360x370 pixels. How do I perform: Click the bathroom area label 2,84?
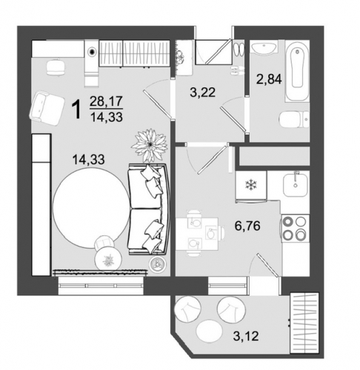[269, 79]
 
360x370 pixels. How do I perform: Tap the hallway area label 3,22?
[203, 92]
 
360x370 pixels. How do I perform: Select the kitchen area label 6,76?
[247, 226]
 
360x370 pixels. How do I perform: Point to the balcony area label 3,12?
[246, 336]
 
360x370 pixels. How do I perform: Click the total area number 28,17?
[106, 101]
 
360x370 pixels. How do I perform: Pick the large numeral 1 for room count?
[76, 110]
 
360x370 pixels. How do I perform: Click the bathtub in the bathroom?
[297, 71]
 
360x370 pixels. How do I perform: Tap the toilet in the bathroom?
[294, 119]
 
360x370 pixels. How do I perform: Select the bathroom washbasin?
[264, 47]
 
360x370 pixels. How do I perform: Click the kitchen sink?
[296, 185]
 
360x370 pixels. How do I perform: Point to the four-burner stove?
[295, 229]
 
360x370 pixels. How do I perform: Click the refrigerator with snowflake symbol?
[251, 186]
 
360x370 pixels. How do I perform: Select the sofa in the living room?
[149, 209]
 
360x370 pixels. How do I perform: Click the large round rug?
[92, 208]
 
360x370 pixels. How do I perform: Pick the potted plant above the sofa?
[150, 146]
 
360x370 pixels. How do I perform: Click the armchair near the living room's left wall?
[47, 109]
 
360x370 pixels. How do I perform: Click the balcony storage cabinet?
[304, 323]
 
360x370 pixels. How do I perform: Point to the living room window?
[101, 286]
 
